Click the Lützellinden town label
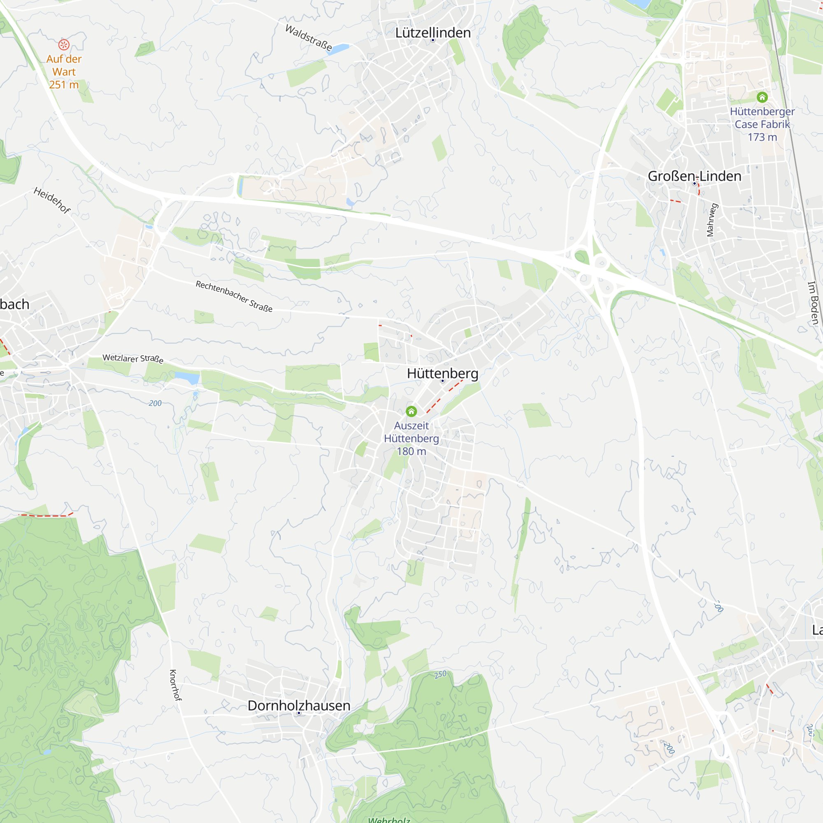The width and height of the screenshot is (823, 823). point(433,33)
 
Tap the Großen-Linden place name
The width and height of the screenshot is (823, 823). point(694,176)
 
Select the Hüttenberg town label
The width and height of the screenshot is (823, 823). point(443,373)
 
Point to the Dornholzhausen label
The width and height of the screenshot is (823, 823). point(299,705)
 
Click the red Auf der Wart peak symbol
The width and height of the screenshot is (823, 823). point(64,44)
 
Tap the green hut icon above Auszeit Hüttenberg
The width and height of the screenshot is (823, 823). point(411,411)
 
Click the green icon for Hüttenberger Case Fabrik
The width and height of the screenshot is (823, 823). point(762,97)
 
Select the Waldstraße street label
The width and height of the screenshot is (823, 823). point(308,37)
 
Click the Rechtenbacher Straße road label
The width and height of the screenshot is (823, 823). point(234,296)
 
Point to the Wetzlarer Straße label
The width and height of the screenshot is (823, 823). point(133,358)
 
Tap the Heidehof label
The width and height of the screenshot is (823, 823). point(52,200)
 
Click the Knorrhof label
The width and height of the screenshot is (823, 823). point(175,685)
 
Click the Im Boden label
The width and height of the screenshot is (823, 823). point(813,302)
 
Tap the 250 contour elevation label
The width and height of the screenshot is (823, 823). point(440,675)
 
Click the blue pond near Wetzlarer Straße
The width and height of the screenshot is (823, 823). point(187,377)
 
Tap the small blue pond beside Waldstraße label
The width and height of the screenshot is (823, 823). point(339,49)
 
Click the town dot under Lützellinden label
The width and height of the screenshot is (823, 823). point(433,40)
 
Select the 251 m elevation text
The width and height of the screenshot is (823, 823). point(64,85)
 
